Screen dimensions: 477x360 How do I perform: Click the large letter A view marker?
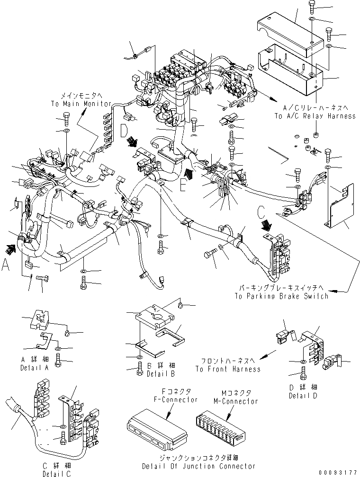click(x=6, y=266)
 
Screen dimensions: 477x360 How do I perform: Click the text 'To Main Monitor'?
click(x=81, y=103)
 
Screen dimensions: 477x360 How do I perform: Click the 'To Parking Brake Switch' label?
click(x=281, y=296)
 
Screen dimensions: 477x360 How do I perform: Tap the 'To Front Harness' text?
click(x=227, y=369)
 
